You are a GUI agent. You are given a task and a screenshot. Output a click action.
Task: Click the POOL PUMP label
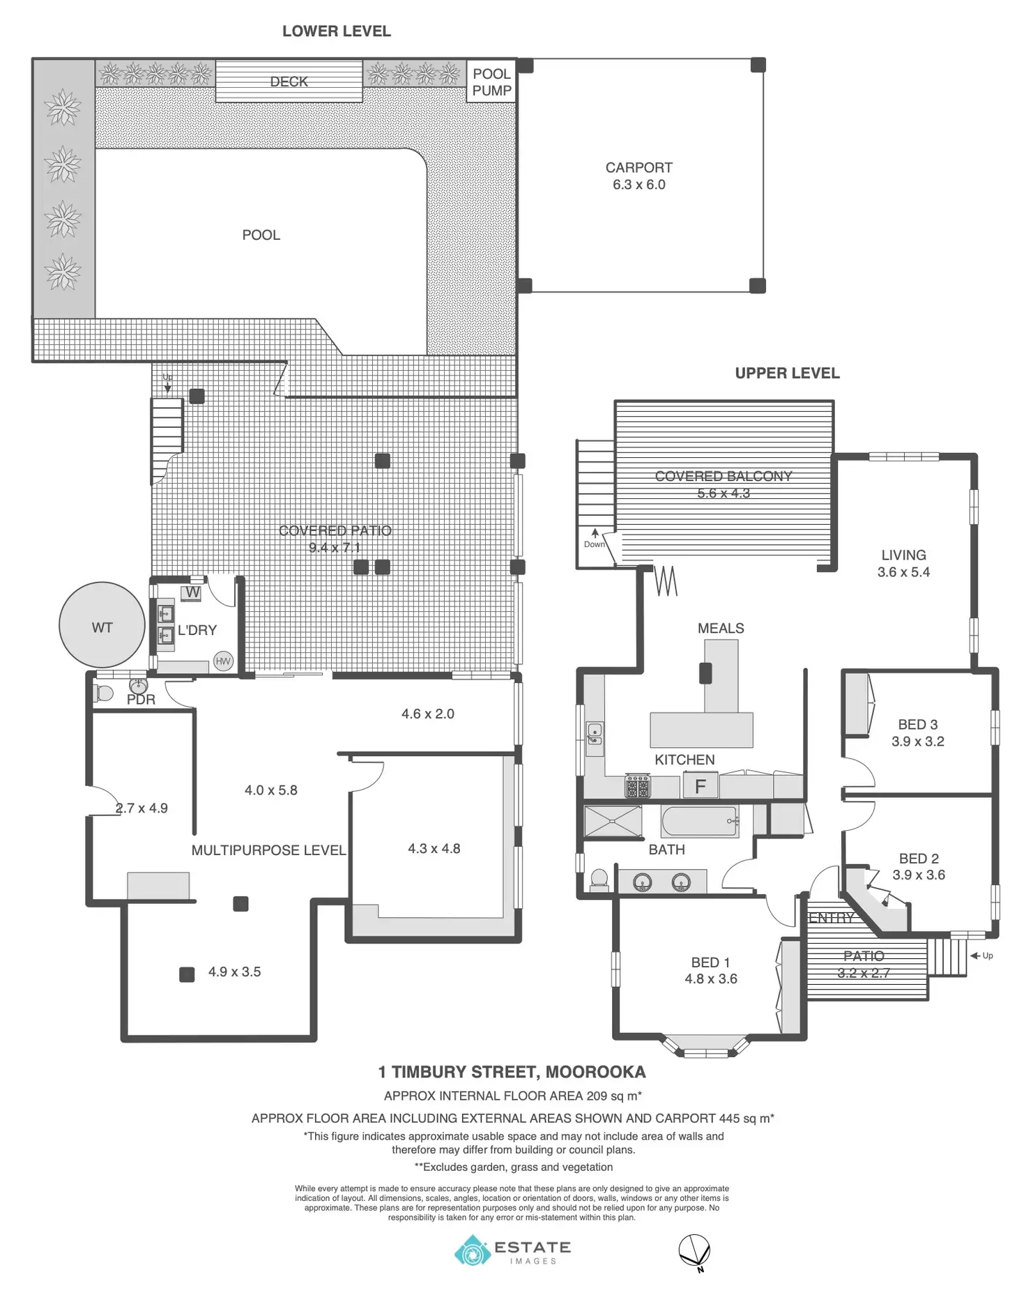(491, 82)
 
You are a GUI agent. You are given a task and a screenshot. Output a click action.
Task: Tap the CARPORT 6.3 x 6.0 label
(638, 176)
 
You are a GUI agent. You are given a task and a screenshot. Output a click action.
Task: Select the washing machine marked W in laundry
(192, 593)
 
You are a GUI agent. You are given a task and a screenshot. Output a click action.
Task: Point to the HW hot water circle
(223, 661)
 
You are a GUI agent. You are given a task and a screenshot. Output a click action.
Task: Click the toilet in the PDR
(104, 693)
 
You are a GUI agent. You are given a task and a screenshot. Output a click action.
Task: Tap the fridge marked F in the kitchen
(700, 786)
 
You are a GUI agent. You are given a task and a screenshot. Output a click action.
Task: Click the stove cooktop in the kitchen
(637, 787)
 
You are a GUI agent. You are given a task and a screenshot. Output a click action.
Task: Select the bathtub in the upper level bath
(699, 822)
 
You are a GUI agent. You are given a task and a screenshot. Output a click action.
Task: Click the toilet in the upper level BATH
(599, 881)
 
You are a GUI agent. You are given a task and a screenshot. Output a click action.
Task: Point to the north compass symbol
(695, 1250)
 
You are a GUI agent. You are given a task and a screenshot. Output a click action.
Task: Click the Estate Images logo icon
(473, 1250)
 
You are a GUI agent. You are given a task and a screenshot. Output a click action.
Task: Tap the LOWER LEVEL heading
(337, 31)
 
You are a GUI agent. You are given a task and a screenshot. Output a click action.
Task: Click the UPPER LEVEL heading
(787, 374)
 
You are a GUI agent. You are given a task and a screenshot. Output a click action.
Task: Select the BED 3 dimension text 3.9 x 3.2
(917, 742)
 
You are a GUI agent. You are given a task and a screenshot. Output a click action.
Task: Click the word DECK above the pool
(289, 82)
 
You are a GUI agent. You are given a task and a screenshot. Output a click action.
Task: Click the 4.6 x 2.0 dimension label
(427, 714)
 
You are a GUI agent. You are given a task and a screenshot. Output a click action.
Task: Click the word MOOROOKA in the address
(595, 1072)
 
